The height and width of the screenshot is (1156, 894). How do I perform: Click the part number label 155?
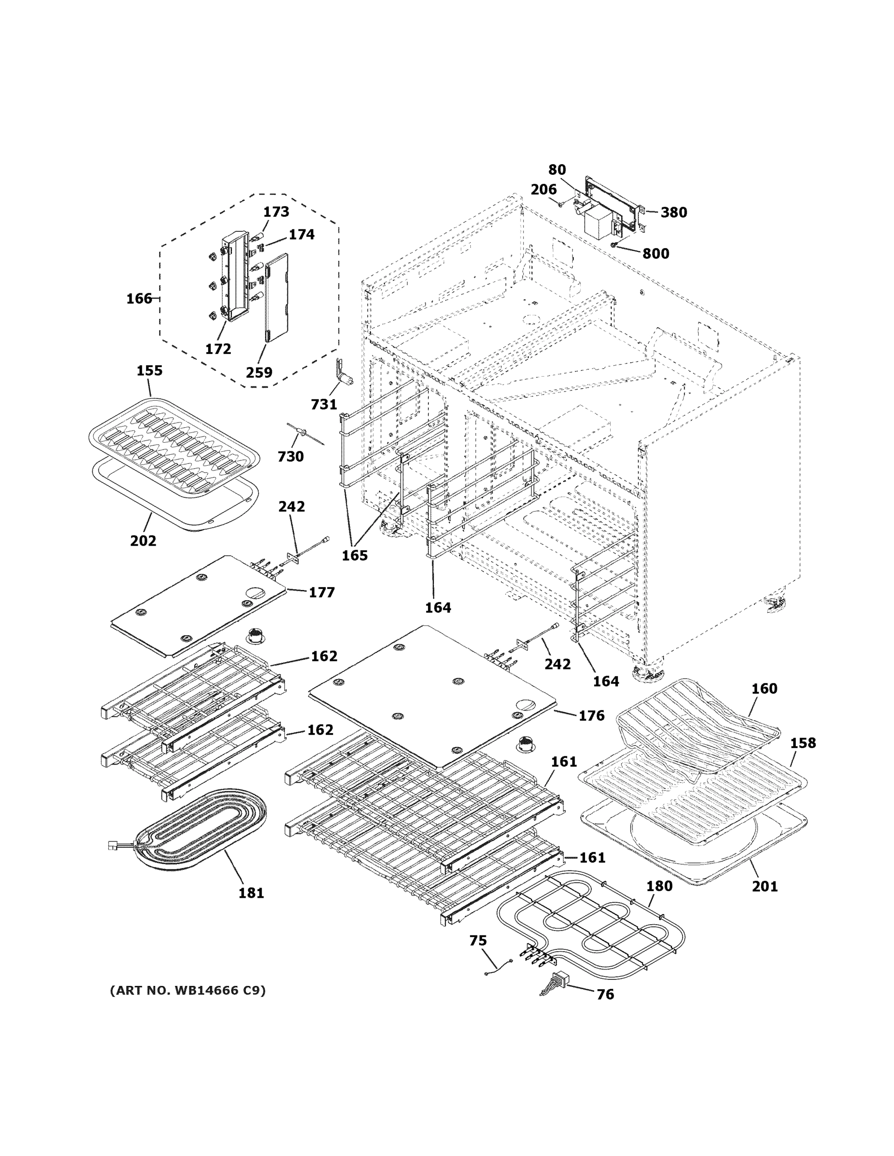149,370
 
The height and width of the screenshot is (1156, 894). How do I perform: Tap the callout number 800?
655,253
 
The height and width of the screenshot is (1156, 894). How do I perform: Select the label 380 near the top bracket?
674,212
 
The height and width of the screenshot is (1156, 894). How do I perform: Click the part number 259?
259,373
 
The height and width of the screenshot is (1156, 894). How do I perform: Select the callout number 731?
323,405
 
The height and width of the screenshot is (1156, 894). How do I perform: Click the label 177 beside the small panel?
321,592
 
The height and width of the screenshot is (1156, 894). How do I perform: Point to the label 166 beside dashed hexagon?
139,299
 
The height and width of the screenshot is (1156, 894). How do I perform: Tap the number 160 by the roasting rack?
764,689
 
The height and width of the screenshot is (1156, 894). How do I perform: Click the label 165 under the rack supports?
354,555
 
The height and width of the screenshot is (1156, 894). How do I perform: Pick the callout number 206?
544,189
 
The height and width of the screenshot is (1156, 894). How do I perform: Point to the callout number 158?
803,743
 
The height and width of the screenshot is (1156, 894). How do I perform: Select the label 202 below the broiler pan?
143,541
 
